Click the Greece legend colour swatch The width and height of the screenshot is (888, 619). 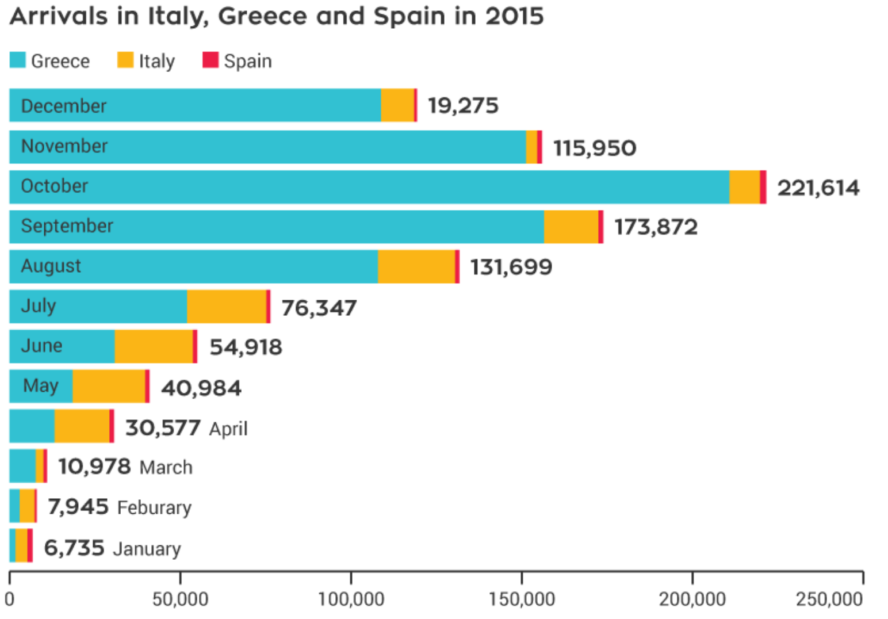18,60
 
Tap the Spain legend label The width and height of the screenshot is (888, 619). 247,61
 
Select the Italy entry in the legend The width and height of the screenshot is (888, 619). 156,61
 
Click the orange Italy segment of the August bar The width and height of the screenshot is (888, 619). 416,266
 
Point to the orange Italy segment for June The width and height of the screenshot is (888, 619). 154,346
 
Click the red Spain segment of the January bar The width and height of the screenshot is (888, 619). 30,545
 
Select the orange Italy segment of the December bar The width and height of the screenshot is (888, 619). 397,105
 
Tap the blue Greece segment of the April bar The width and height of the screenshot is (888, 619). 32,426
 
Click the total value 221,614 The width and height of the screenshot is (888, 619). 818,188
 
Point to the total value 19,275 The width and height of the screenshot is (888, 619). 463,105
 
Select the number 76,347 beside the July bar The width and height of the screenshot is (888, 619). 319,308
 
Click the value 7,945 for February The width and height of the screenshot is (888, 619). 78,507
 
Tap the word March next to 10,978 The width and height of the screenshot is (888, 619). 166,467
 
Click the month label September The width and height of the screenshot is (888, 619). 67,226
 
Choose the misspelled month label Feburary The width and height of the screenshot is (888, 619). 154,507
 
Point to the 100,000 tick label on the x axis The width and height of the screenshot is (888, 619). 351,599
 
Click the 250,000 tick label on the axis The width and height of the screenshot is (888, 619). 829,599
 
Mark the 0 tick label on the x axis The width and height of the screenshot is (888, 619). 10,599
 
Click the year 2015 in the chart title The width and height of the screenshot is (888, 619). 514,16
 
